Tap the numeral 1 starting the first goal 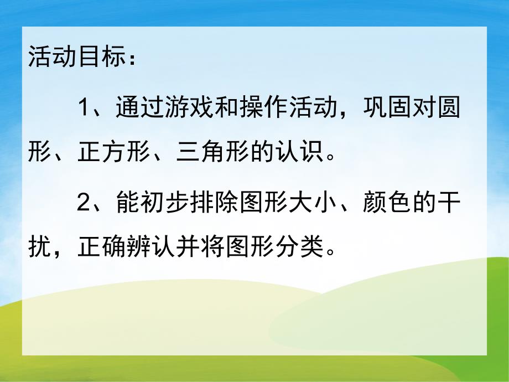[84, 107]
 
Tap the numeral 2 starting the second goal [84, 204]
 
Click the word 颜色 [384, 204]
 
